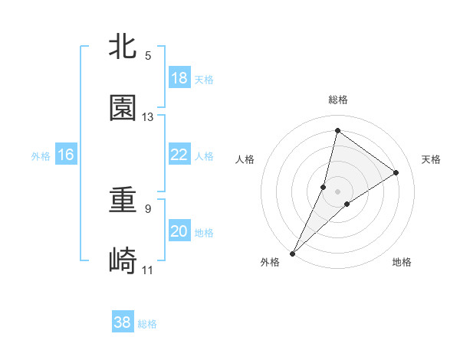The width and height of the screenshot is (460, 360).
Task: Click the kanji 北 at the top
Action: pos(123,47)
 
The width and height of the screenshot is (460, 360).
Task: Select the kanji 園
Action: pos(123,108)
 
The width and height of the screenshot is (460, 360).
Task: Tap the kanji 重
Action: pos(123,201)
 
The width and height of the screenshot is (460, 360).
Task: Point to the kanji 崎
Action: pos(123,262)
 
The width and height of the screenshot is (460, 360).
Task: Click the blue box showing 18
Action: pos(179,78)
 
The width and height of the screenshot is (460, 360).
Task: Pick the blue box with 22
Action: pos(179,155)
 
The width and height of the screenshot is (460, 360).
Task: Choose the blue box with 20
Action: pos(179,232)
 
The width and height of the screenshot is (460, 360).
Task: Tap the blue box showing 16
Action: pos(66,155)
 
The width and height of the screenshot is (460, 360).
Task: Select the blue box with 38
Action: pos(123,322)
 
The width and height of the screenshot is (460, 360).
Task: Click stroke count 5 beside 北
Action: pos(148,56)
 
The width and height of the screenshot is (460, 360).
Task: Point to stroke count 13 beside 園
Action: pos(148,117)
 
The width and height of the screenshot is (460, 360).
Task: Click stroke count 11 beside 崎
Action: pos(148,270)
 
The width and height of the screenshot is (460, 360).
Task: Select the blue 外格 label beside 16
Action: pos(41,156)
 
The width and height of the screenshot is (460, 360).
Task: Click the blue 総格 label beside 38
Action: pos(147,324)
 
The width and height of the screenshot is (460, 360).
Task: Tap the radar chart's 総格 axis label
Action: pos(338,100)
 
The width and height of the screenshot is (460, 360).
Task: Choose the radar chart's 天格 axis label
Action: pos(431,159)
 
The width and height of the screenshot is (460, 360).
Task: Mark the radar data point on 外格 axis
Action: pos(292,254)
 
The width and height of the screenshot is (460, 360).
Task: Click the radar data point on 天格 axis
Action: pos(396,173)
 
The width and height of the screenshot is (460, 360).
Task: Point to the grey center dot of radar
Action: pos(338,191)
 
